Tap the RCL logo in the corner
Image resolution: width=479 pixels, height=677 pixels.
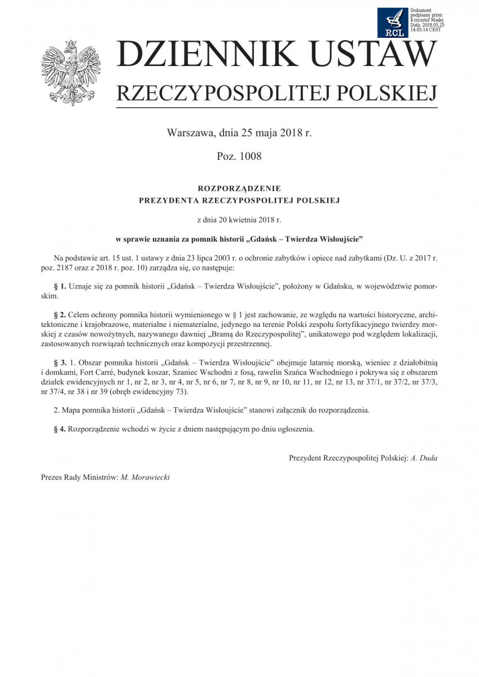tap(393, 23)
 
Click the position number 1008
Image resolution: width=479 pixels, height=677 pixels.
tap(249, 156)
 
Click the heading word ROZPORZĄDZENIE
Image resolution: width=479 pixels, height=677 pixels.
tap(239, 188)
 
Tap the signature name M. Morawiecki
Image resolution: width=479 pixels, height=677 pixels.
tap(145, 477)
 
